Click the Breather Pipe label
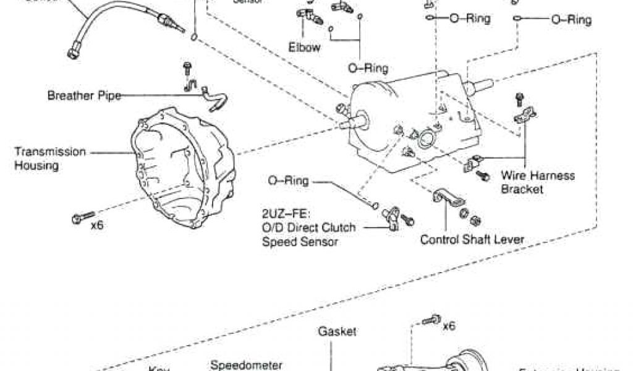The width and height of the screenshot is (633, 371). (x=84, y=96)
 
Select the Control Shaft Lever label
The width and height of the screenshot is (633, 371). (x=472, y=239)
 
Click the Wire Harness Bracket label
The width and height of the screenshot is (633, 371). (x=537, y=182)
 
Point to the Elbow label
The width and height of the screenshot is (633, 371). (x=304, y=47)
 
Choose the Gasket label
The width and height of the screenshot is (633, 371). (x=337, y=331)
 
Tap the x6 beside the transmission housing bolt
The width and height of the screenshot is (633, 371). (x=97, y=225)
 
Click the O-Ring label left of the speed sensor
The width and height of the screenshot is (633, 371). (x=288, y=181)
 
